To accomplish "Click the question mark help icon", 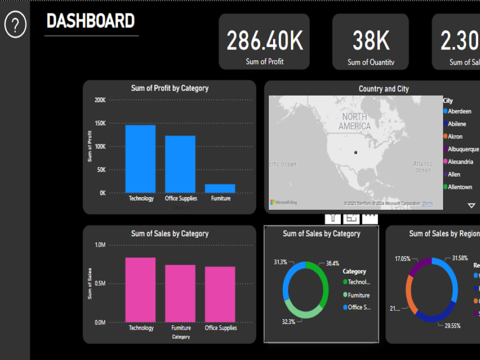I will pos(15,24).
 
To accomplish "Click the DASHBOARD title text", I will pos(91,21).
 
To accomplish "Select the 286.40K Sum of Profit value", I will pos(264,41).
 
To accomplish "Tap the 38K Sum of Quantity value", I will pos(371,41).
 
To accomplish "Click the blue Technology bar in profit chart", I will pos(141,159).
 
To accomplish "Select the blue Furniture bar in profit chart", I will pos(220,188).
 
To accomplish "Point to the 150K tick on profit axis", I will pos(100,123).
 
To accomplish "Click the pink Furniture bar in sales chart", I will pos(180,293).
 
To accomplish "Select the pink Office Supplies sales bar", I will pos(220,294).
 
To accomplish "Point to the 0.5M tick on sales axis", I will pos(100,284).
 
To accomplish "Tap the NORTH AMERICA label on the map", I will pos(355,121).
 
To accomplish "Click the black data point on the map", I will pos(356,152).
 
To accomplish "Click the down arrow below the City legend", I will pos(471,205).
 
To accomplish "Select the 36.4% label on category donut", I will pos(332,263).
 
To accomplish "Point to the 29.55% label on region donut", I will pos(452,326).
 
